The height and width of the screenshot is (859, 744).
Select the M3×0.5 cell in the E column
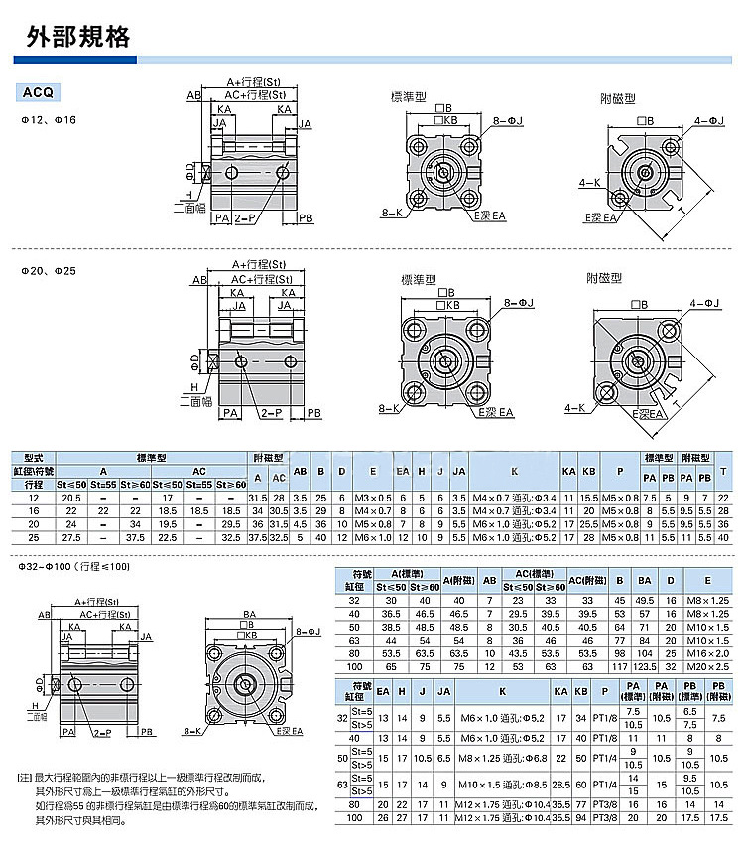pos(374,497)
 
